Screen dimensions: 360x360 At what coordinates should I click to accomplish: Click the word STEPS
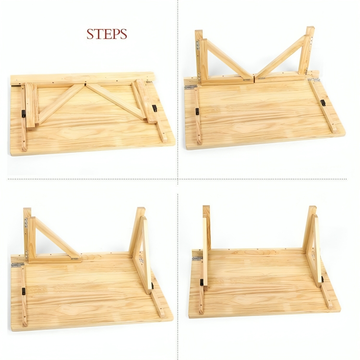(107, 34)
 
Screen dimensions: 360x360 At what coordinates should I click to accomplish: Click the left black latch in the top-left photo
(23, 114)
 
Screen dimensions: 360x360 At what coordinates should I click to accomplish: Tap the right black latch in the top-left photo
(155, 108)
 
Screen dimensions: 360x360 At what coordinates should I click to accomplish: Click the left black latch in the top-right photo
(197, 111)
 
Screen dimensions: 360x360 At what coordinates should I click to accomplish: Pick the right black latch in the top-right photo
(323, 102)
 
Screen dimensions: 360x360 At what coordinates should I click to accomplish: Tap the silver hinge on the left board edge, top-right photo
(191, 87)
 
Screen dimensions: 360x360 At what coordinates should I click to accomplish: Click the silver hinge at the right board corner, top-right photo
(314, 80)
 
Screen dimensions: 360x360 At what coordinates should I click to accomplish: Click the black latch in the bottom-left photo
(23, 291)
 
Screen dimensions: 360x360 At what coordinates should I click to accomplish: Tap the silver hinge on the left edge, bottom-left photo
(17, 265)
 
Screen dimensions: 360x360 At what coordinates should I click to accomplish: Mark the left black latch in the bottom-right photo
(202, 282)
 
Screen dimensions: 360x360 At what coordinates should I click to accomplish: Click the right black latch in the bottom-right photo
(323, 279)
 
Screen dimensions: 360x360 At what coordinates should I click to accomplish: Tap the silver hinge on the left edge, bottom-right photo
(198, 259)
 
